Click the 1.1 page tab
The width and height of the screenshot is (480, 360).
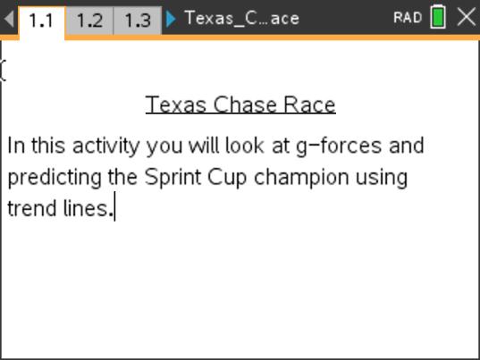41,20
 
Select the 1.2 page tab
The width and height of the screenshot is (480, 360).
89,20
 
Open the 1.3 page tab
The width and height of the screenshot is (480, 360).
138,20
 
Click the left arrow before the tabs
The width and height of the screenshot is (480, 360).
9,19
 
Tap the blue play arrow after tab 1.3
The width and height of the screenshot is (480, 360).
172,19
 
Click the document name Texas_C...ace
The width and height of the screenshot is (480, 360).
241,19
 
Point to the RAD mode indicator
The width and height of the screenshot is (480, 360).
407,19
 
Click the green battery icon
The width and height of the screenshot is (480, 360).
438,18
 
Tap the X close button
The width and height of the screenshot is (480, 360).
466,18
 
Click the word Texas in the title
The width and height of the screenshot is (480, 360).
175,105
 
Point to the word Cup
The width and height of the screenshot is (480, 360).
228,177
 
